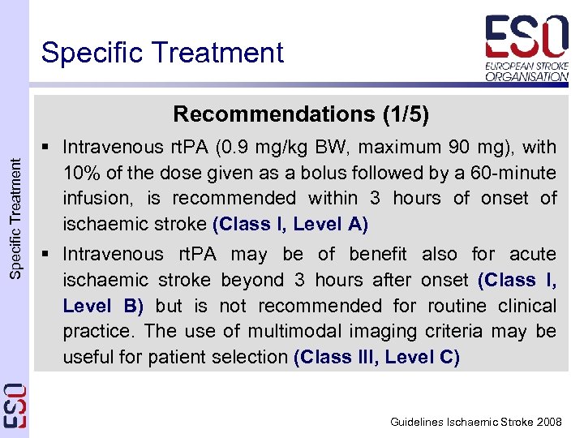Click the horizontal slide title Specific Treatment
[162, 53]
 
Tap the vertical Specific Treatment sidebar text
[15, 219]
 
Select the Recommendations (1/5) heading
[301, 114]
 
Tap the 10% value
[79, 173]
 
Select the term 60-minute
[514, 173]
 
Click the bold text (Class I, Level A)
[290, 225]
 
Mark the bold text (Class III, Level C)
[376, 358]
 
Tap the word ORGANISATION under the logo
[527, 76]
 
